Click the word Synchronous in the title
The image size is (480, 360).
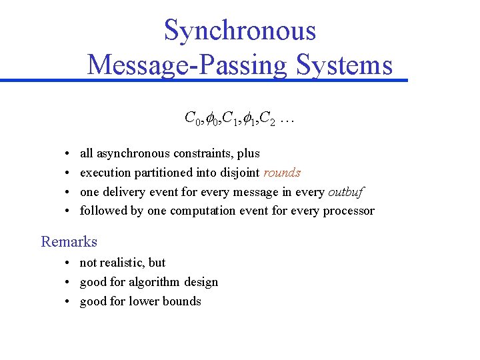[240, 31]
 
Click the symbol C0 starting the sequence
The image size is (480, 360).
[191, 120]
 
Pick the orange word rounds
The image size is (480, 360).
[282, 173]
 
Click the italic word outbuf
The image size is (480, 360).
[347, 192]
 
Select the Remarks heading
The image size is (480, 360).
[69, 241]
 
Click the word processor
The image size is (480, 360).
[349, 211]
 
